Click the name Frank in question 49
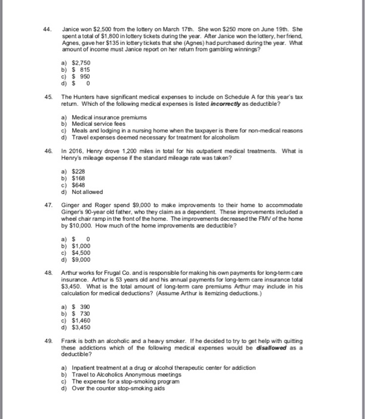tap(70, 340)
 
